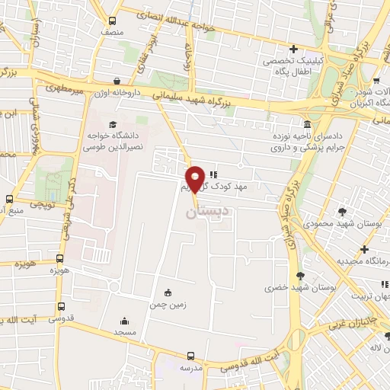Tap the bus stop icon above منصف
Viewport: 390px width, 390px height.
click(113, 21)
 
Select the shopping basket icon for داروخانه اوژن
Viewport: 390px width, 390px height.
click(117, 81)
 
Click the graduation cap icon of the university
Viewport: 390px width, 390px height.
click(113, 125)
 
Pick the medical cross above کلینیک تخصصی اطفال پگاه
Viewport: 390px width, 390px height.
click(293, 49)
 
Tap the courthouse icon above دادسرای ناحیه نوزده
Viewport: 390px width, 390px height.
click(306, 124)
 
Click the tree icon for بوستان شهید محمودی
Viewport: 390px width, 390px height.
click(340, 211)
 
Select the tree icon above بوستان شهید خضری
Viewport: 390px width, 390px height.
click(301, 276)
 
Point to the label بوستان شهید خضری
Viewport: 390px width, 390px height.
click(292, 288)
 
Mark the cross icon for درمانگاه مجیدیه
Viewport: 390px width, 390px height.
click(366, 249)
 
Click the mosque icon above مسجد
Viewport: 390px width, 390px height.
click(124, 321)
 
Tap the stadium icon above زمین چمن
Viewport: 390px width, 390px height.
click(168, 292)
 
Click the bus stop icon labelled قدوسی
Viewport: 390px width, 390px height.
click(60, 305)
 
